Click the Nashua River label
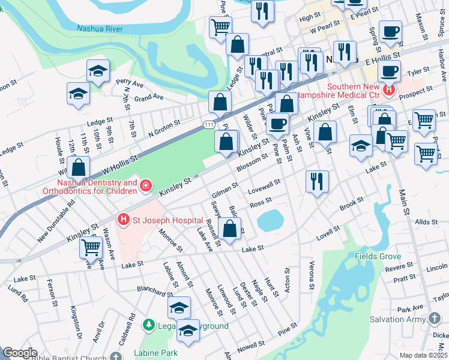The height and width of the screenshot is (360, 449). [x=100, y=28]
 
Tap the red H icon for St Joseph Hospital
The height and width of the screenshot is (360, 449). [x=124, y=220]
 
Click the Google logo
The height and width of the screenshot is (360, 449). [x=20, y=353]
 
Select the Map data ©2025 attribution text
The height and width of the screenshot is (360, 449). [x=424, y=355]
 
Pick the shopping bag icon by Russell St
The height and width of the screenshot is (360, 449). [x=229, y=228]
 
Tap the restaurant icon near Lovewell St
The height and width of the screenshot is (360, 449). [x=317, y=180]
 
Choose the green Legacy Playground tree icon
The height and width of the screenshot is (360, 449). [x=148, y=325]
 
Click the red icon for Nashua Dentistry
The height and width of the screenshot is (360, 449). [x=145, y=187]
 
